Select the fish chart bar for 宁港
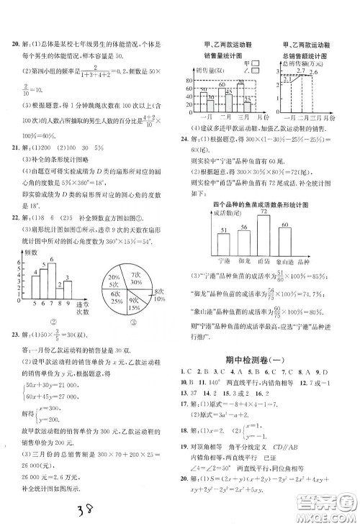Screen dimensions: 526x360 pyautogui.click(x=224, y=245)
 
